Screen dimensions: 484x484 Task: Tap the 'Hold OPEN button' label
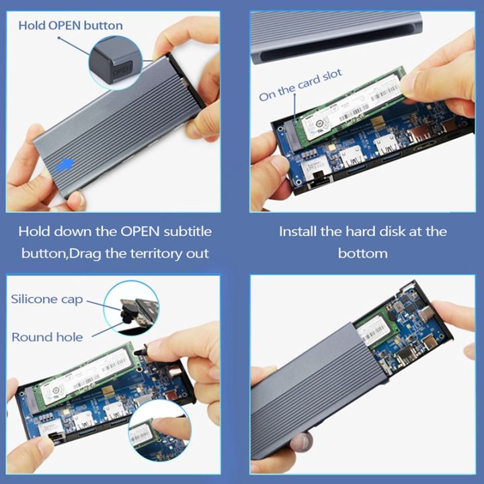(71, 26)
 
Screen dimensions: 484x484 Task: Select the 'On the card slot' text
(300, 85)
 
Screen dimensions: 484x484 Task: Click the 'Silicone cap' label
(47, 298)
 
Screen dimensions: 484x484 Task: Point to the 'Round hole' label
(47, 337)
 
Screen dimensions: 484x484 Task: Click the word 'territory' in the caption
(160, 253)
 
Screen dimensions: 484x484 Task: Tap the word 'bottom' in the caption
(362, 253)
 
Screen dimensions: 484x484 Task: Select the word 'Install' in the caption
(298, 231)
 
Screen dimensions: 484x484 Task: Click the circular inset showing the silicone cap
(132, 308)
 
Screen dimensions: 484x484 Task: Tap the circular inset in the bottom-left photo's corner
(158, 431)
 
